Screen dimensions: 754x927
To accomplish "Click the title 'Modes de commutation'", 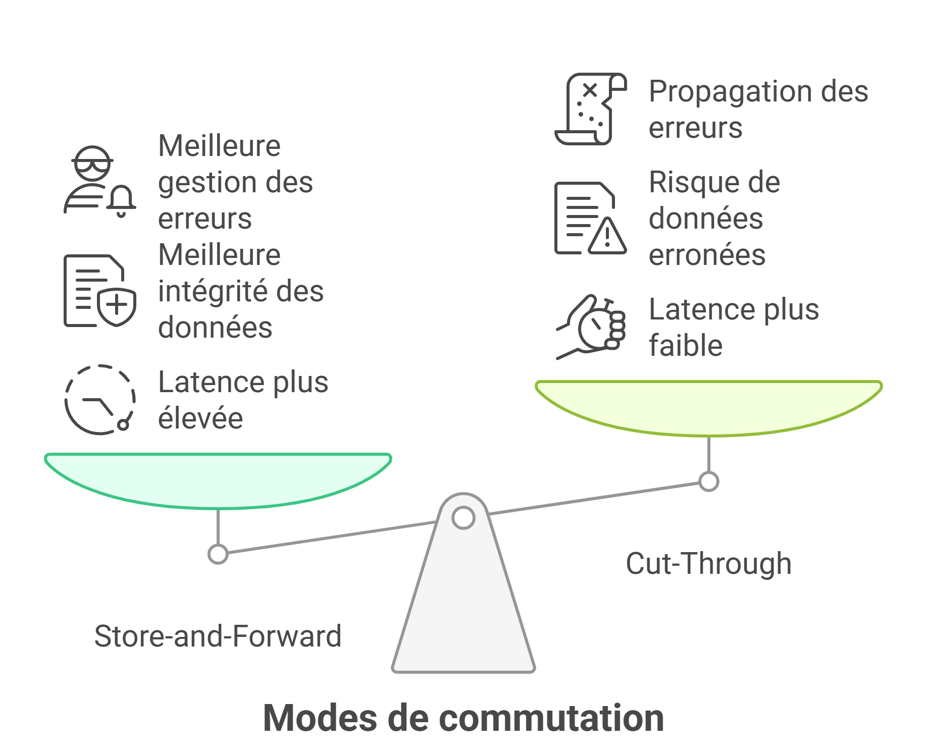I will (463, 718).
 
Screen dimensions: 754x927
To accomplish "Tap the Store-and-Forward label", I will (218, 636).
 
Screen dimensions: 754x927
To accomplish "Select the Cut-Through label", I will (708, 563).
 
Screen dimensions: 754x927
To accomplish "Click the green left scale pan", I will (218, 479).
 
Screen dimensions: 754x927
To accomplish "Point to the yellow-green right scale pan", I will (708, 407).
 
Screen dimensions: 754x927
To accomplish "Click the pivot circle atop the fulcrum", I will (463, 518).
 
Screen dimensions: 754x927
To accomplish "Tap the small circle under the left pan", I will (218, 554).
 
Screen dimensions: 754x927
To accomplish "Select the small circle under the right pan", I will (708, 481).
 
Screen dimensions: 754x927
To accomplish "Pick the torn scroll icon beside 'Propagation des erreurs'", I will (590, 109).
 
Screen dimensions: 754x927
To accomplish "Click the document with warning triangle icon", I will (590, 218).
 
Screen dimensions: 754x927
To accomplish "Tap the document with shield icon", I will (100, 291).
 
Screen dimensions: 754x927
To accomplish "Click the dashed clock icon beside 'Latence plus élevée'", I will (100, 400).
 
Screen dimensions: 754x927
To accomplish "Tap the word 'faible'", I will (686, 346).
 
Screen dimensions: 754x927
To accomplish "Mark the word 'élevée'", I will (200, 418).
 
